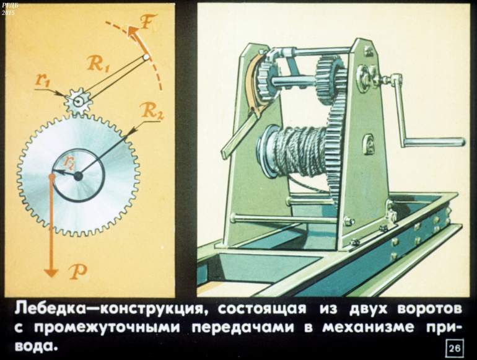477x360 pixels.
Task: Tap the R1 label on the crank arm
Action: [97, 64]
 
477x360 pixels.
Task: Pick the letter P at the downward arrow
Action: [78, 272]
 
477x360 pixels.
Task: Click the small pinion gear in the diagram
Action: [78, 102]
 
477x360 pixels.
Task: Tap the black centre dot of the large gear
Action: [78, 176]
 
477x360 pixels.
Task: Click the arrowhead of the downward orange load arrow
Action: [51, 272]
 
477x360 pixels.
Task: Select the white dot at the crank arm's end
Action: [146, 57]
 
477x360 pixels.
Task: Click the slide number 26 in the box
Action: [455, 348]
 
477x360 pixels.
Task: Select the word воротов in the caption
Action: [429, 309]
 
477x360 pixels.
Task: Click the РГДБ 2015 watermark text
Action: [7, 9]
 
